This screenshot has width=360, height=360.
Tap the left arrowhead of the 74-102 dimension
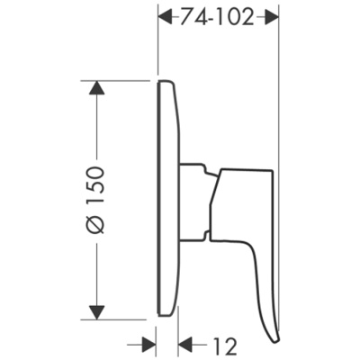click(x=165, y=15)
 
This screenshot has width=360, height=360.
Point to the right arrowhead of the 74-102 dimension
click(x=271, y=15)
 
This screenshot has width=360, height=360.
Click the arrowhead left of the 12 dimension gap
click(x=149, y=343)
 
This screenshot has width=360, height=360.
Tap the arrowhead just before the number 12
click(x=187, y=343)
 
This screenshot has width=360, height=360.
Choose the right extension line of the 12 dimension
click(x=178, y=333)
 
